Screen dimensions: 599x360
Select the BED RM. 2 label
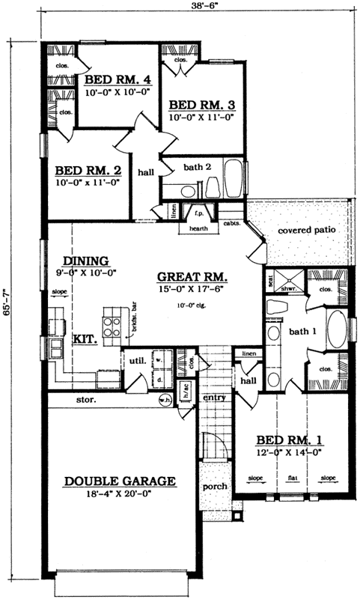point(84,170)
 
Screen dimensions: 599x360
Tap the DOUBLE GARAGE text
point(120,481)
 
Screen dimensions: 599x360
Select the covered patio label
point(307,231)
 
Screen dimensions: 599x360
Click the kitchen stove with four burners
point(112,324)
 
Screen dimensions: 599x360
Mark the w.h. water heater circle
point(165,399)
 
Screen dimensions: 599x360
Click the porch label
point(216,487)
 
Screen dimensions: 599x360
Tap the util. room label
point(135,361)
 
